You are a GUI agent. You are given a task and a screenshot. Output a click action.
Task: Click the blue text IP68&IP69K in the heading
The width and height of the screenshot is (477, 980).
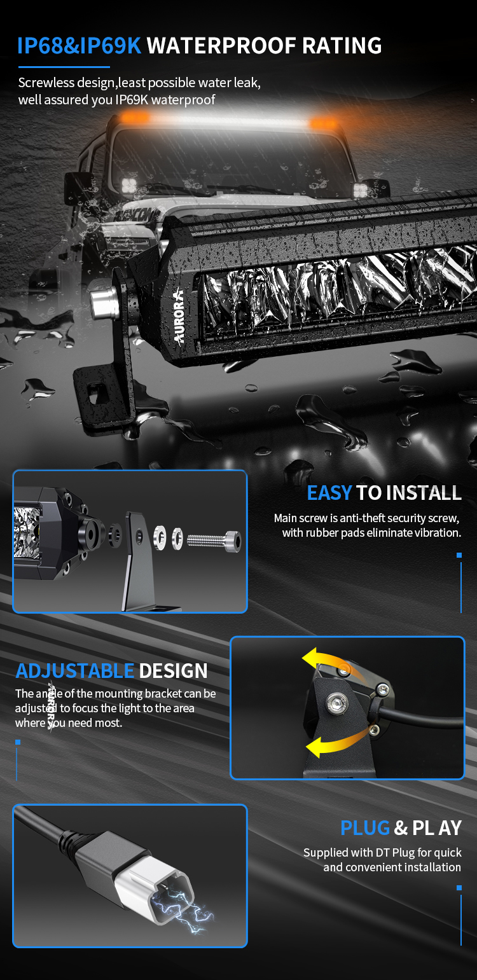point(79,46)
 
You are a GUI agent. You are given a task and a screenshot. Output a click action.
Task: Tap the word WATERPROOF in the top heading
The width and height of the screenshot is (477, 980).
point(221,46)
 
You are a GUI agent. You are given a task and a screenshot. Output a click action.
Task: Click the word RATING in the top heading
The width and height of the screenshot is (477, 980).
point(342,46)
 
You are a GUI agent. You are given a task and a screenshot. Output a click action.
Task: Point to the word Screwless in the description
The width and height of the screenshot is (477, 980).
point(46,83)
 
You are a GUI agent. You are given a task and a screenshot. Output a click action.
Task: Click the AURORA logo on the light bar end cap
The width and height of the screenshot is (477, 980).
point(179,315)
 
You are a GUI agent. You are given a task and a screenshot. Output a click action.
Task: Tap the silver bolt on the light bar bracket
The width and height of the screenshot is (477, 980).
point(103,303)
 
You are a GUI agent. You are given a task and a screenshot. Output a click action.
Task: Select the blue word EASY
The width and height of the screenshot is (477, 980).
point(329,493)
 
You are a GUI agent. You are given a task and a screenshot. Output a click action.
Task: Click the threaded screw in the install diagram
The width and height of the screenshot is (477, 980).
point(214,541)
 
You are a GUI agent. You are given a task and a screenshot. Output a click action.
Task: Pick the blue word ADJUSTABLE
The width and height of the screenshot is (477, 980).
point(75,671)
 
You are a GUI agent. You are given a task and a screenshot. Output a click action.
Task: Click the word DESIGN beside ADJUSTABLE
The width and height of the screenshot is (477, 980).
point(173,671)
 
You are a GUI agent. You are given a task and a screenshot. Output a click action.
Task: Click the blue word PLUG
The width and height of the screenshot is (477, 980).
point(365,828)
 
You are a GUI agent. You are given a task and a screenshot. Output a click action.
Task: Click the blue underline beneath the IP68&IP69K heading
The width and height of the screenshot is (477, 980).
point(64,67)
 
